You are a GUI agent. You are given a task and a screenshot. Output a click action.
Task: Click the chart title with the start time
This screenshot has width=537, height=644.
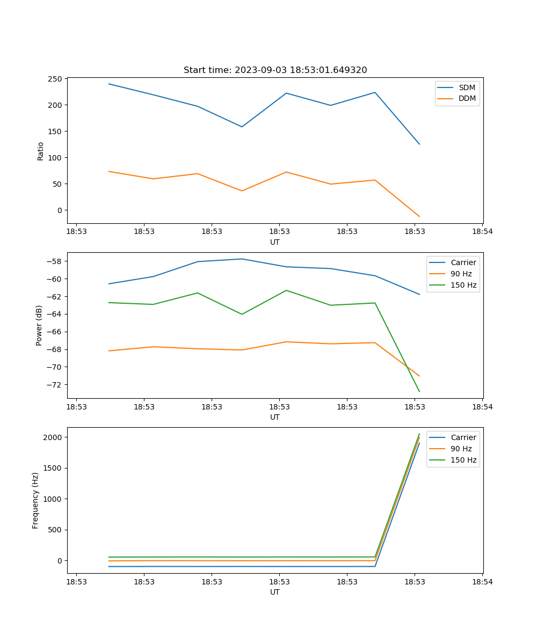(275, 70)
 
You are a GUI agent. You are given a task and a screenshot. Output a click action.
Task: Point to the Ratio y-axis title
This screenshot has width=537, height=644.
(41, 151)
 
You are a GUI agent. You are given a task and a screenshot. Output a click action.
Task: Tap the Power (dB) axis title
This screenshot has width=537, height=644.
(39, 325)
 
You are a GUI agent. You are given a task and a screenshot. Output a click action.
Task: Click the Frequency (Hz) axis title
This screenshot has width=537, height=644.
(35, 500)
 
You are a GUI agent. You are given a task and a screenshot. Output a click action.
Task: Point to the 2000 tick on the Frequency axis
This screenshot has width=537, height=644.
(53, 437)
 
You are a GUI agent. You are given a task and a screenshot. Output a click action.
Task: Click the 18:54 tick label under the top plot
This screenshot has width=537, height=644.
(482, 232)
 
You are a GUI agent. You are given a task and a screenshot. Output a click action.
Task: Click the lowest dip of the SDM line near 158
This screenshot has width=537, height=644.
(242, 127)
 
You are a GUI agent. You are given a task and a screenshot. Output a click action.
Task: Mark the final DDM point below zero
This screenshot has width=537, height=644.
(419, 216)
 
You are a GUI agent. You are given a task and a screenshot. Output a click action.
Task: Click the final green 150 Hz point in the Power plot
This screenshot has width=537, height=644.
(419, 391)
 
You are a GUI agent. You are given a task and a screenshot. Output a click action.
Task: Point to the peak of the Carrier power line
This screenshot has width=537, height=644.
(242, 259)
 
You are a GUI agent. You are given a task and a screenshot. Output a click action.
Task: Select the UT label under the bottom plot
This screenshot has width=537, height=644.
(275, 592)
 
